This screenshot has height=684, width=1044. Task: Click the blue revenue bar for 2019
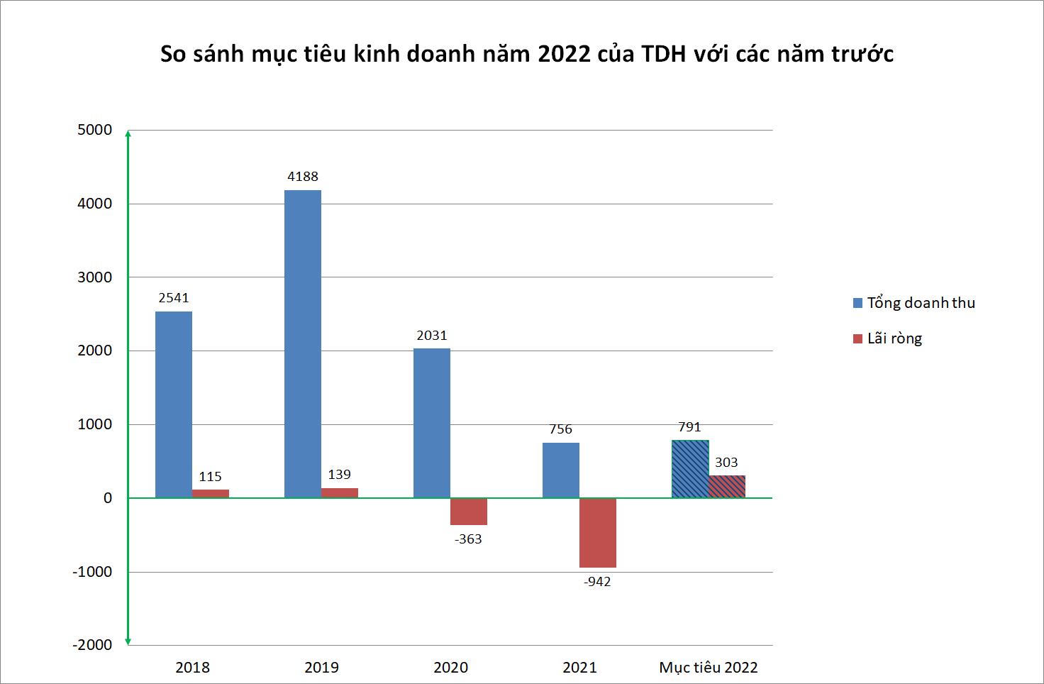(303, 344)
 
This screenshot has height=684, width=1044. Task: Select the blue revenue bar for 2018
(174, 404)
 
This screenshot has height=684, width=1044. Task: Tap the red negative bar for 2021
(598, 533)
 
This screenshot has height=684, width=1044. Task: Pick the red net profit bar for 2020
(469, 512)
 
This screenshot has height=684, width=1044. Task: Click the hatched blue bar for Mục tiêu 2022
(690, 469)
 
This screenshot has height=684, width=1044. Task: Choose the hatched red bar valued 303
(727, 487)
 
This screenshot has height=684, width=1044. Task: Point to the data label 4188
(303, 177)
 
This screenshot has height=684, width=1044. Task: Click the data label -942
(597, 582)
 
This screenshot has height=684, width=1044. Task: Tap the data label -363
(468, 539)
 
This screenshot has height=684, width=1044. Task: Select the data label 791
(689, 427)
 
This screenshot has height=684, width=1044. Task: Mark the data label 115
(210, 477)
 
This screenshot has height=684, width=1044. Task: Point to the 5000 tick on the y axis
(95, 130)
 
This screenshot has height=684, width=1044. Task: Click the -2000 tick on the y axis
(92, 645)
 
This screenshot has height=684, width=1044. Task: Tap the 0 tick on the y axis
(108, 498)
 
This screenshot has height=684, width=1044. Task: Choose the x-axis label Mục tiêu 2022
(709, 668)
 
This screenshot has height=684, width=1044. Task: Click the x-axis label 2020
(451, 668)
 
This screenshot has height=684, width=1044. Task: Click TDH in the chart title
(664, 54)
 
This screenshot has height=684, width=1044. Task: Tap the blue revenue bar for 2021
(561, 470)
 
